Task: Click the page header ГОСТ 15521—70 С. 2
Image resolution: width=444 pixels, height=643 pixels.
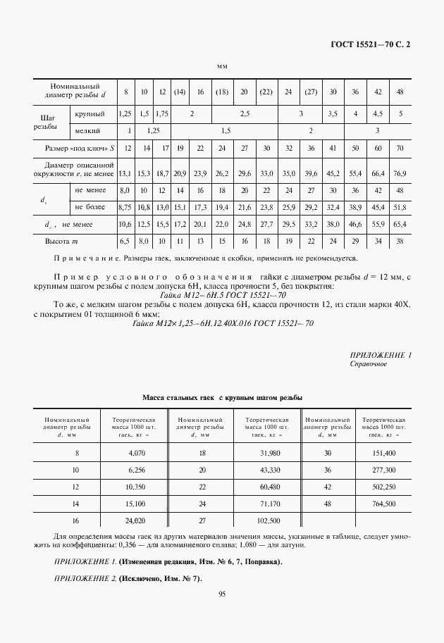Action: click(x=371, y=44)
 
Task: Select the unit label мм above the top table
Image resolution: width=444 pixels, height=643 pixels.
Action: click(x=222, y=66)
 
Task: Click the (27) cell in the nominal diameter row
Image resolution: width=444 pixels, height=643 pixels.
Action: click(x=310, y=92)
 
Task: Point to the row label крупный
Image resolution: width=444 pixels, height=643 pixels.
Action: click(x=90, y=113)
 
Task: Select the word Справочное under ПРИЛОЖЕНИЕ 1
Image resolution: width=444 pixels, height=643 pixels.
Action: click(x=368, y=364)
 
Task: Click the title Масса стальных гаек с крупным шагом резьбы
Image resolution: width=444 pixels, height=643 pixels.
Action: click(x=222, y=398)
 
